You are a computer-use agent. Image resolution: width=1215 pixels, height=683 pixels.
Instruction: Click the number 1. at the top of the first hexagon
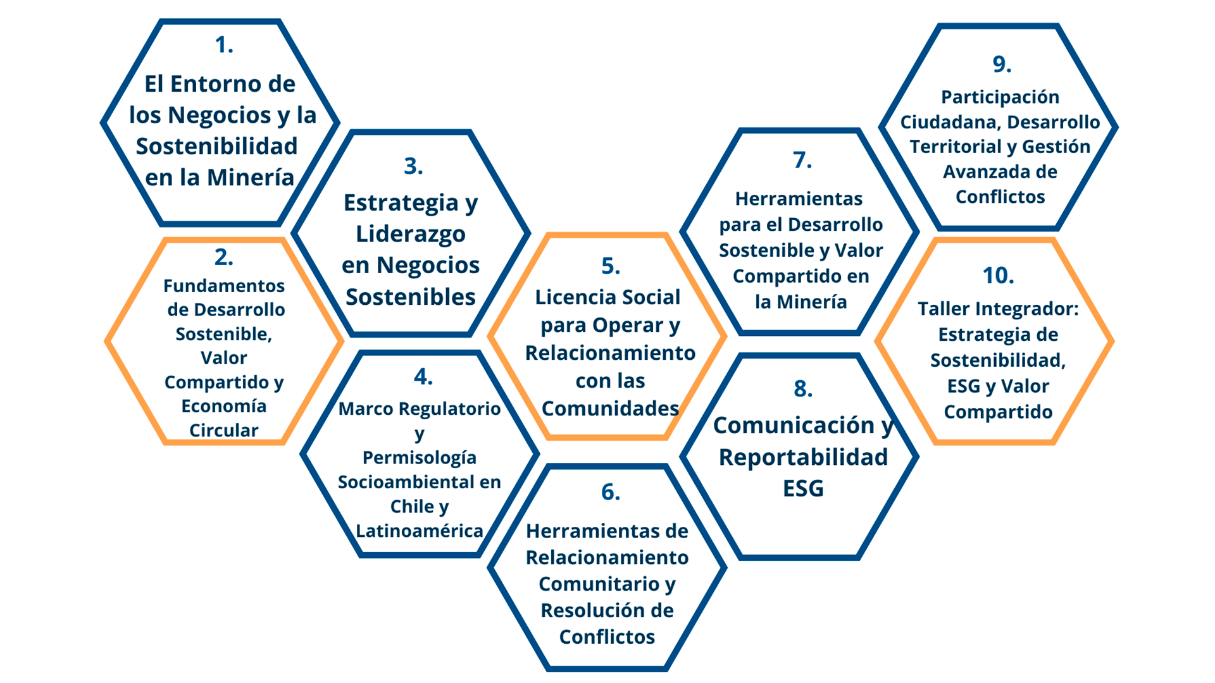[223, 45]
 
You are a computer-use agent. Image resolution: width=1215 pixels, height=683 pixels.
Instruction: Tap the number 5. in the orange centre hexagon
[610, 266]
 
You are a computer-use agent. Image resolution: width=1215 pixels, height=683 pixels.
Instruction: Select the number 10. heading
[998, 276]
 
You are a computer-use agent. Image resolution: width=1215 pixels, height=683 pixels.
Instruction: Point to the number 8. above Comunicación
[802, 388]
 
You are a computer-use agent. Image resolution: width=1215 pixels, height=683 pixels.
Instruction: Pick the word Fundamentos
[224, 286]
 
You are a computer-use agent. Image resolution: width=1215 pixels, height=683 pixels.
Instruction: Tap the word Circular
[224, 431]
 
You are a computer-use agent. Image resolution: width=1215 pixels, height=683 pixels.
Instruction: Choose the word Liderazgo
[411, 234]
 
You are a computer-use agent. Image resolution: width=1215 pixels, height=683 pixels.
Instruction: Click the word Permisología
[419, 458]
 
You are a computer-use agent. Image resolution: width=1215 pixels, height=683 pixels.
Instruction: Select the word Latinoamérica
[419, 531]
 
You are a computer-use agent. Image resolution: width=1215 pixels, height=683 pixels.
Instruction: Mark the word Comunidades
[610, 409]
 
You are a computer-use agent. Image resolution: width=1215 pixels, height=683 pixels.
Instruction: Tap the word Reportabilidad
[803, 457]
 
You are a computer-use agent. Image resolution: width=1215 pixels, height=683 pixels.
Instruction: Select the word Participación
[1000, 97]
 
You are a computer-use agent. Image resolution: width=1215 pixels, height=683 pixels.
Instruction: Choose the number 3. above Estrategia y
[413, 166]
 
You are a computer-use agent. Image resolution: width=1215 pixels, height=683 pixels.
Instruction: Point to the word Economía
[224, 406]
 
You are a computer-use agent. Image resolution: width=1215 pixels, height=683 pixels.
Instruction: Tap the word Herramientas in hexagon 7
[799, 199]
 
